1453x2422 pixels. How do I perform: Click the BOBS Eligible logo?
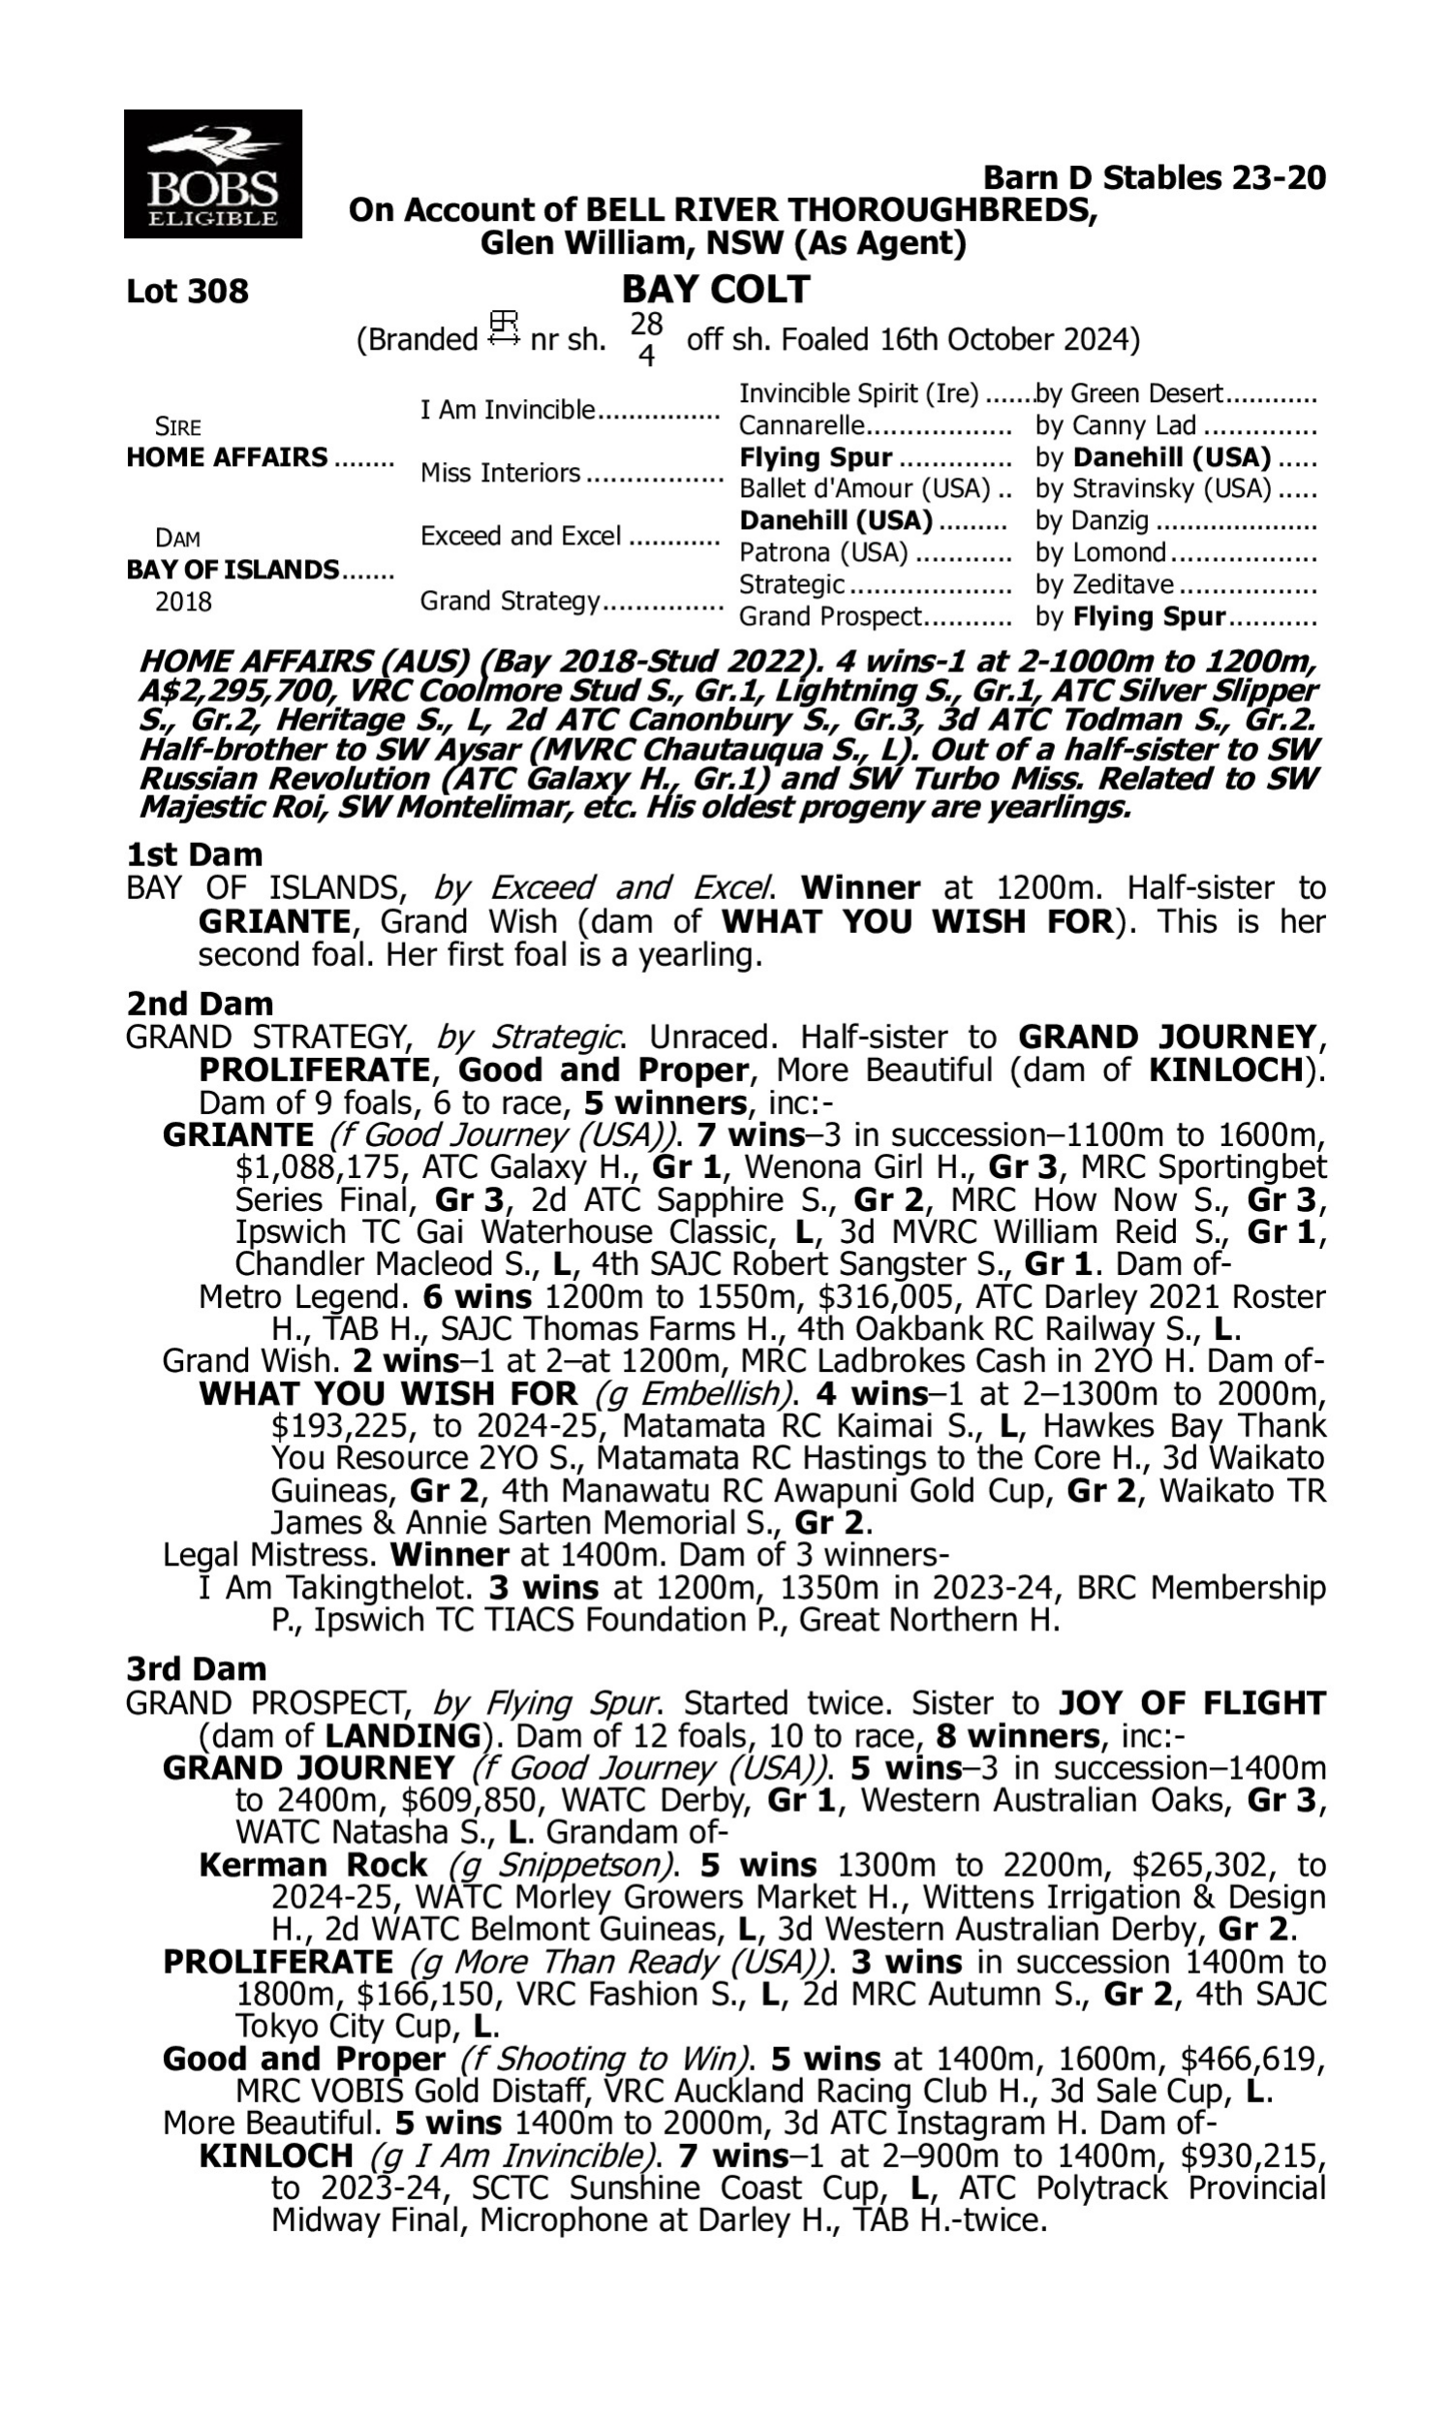[212, 174]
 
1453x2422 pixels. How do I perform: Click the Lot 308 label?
[187, 292]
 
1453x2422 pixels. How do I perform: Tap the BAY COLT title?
[716, 290]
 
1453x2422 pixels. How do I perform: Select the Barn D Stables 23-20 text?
[1154, 178]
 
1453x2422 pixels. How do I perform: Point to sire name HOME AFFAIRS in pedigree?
[228, 458]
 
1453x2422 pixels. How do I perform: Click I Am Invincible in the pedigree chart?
[508, 409]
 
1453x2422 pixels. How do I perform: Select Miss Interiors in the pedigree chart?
[501, 474]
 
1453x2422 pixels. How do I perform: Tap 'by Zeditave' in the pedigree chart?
[1104, 584]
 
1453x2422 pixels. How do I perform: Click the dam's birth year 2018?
[183, 602]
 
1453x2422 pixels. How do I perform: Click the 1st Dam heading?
[194, 854]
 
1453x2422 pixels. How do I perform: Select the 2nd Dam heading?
[199, 1004]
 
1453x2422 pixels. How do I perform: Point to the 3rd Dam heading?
[196, 1668]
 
